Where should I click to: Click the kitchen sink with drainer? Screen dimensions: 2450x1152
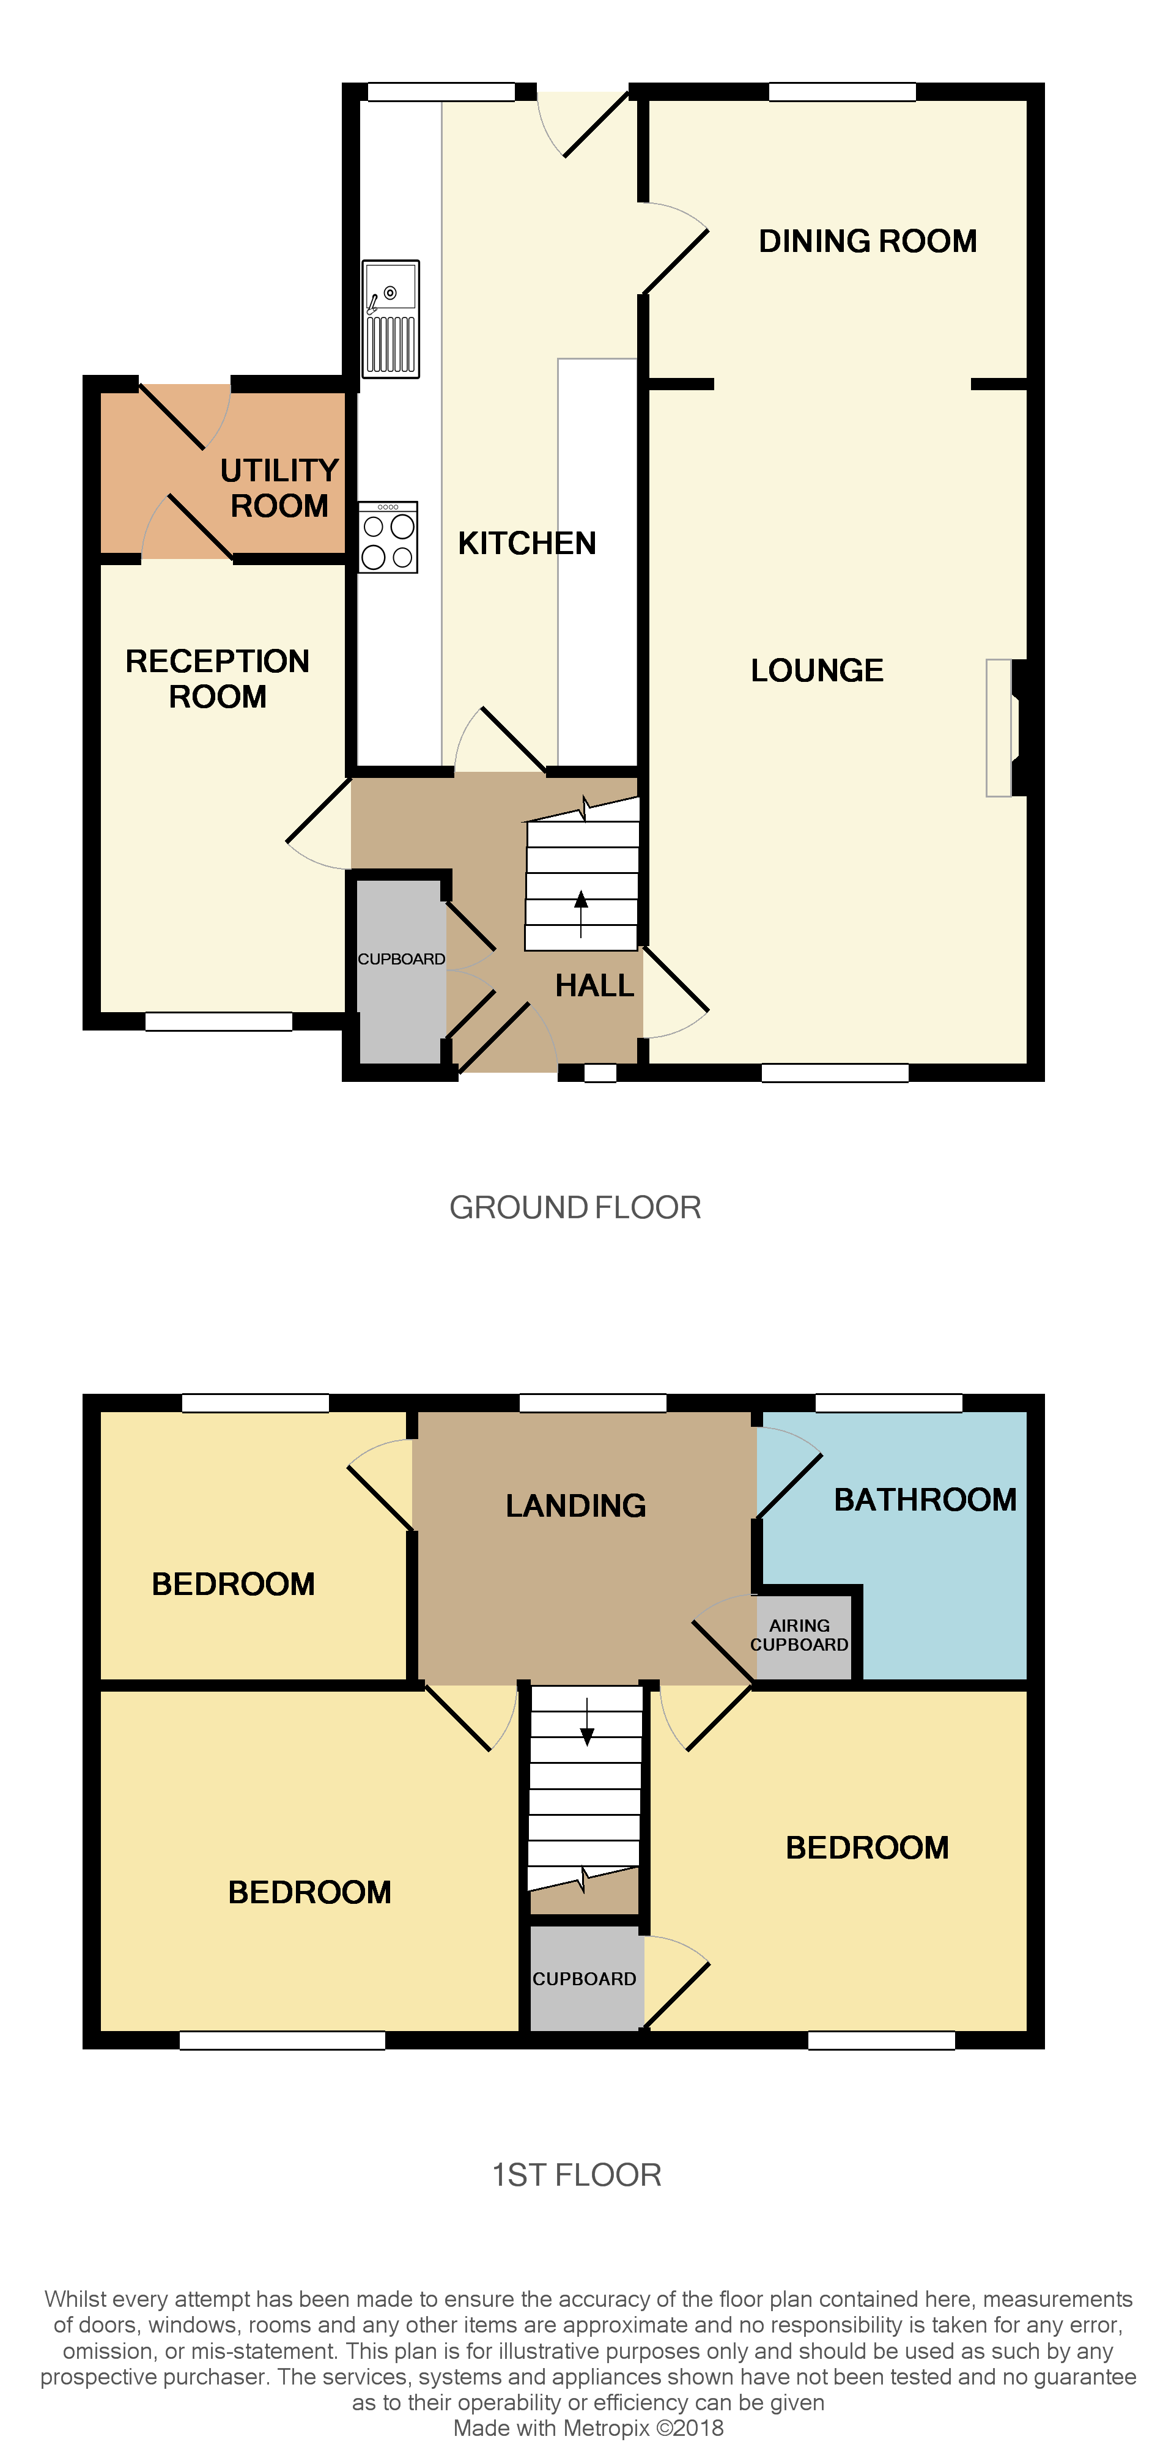tap(390, 319)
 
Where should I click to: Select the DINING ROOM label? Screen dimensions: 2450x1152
tap(866, 242)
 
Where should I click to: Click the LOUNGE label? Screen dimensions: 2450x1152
tap(816, 670)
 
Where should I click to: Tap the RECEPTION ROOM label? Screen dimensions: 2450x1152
tap(217, 679)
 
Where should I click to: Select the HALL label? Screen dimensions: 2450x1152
tap(594, 985)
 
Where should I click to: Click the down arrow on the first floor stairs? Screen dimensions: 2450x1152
tap(587, 1722)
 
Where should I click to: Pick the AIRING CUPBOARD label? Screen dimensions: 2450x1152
tap(799, 1635)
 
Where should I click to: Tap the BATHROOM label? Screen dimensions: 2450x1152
tap(925, 1500)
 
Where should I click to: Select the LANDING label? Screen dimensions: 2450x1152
tap(575, 1506)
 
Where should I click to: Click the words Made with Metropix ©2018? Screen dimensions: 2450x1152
tap(588, 2427)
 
